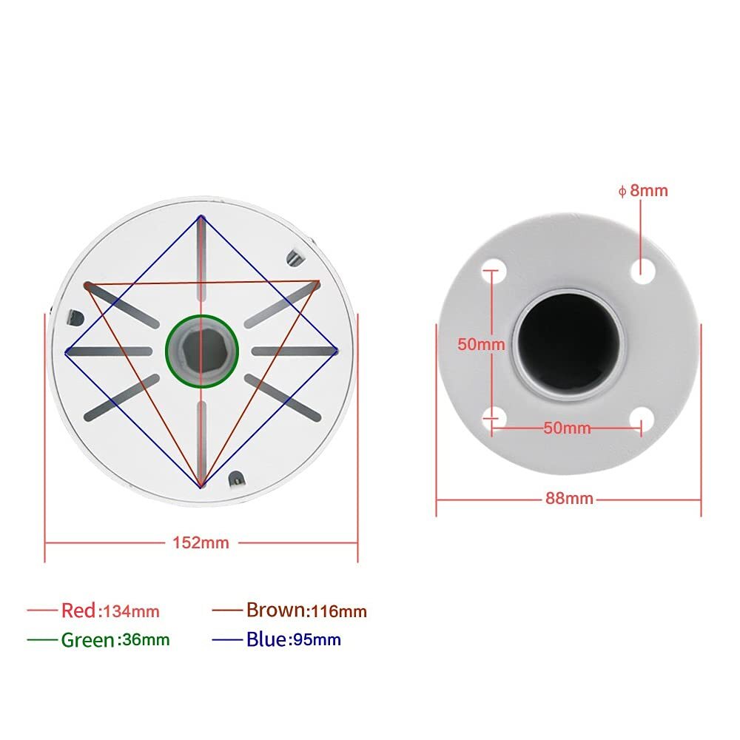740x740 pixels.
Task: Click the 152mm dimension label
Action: tap(201, 542)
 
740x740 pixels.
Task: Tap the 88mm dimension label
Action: tap(569, 498)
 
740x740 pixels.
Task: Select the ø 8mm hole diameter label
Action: tap(643, 191)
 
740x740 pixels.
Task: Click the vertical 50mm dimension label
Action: tap(481, 344)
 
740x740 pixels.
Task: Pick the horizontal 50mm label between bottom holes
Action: tap(567, 428)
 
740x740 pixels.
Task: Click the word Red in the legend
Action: tap(78, 610)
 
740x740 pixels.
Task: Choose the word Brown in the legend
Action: tap(275, 610)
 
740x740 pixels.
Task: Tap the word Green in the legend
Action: tap(88, 639)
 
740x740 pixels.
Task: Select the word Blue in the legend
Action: tap(266, 639)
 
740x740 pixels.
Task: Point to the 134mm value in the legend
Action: tap(131, 611)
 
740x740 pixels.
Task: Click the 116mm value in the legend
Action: tap(338, 611)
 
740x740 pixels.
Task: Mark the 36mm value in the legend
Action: tap(144, 640)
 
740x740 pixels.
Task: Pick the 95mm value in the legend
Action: tap(317, 640)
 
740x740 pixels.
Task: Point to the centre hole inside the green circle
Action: tap(201, 351)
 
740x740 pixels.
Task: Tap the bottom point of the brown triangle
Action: tap(201, 486)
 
